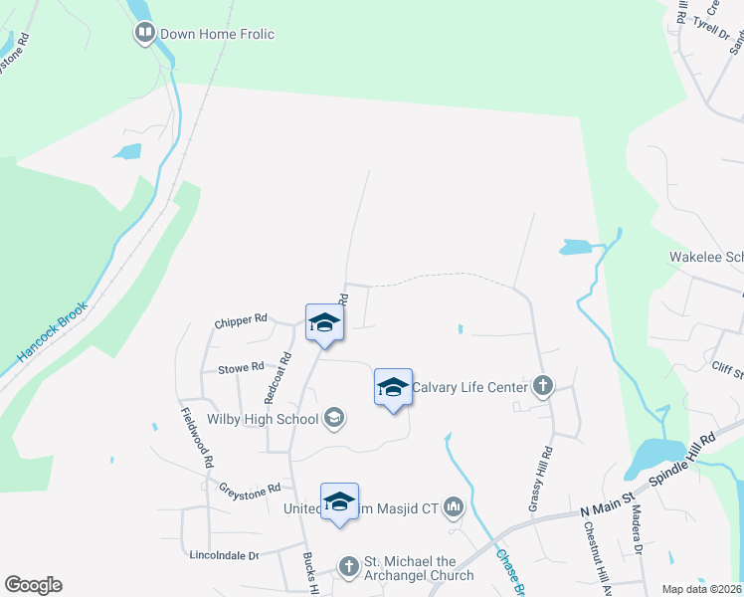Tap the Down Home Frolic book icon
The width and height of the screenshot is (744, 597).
[145, 35]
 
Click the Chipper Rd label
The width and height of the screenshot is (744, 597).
[241, 319]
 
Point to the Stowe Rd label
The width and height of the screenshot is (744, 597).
[242, 367]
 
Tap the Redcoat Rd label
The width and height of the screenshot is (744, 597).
[284, 377]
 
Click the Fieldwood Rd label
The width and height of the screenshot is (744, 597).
[196, 438]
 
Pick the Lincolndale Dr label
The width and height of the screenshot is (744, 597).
[225, 555]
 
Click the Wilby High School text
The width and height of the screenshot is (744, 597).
[263, 419]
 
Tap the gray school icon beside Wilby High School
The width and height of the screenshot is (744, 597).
[335, 418]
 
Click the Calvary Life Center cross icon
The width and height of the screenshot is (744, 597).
[542, 386]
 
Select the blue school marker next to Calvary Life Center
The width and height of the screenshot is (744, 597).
[393, 387]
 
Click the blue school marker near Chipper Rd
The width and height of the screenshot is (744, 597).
[324, 323]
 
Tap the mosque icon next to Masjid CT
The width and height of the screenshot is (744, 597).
[455, 507]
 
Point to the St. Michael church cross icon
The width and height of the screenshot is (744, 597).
[348, 566]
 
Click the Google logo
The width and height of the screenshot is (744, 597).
[33, 585]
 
